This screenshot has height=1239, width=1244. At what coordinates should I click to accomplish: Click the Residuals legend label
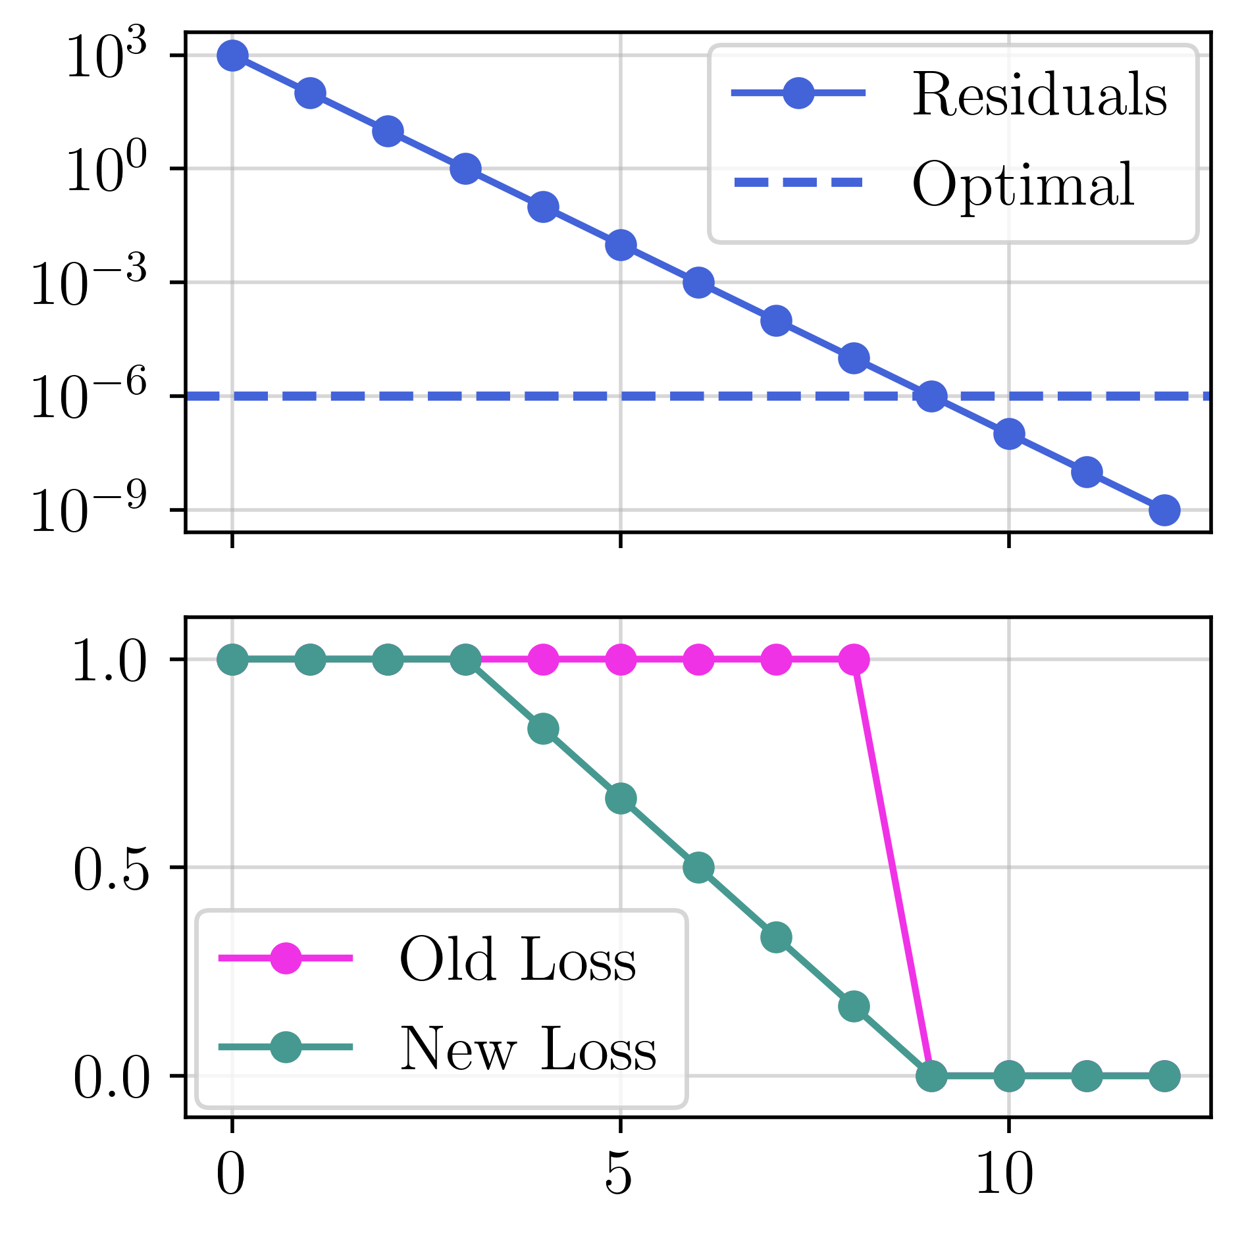point(1039,95)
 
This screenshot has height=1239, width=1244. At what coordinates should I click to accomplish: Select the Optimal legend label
point(1022,185)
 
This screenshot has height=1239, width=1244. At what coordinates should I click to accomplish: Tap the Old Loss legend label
point(517,960)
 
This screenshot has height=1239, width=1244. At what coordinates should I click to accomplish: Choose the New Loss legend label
point(528,1049)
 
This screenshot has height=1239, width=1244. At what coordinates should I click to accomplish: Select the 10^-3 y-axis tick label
point(90,284)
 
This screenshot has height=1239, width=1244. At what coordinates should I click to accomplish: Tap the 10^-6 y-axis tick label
point(90,397)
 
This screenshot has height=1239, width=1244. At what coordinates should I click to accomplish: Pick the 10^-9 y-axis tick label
point(90,511)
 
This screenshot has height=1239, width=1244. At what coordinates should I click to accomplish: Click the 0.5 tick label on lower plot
point(111,869)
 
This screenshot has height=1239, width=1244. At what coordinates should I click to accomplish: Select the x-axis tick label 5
point(619,1176)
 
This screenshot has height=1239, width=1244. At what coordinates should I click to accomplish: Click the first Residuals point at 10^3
point(232,55)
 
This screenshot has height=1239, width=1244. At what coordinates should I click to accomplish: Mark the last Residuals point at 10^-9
point(1164,510)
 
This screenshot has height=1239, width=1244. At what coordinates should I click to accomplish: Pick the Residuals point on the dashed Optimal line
point(931,396)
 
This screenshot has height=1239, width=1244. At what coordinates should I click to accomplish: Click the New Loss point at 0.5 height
point(698,868)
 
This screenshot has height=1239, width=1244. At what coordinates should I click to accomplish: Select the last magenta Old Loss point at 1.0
point(854,659)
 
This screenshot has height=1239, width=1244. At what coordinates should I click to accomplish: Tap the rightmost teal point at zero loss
point(1164,1076)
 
